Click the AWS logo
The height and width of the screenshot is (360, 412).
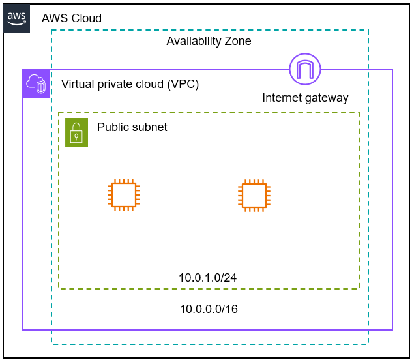(x=18, y=18)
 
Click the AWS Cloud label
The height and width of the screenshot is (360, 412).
(x=72, y=18)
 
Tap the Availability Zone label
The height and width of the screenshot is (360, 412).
(x=209, y=41)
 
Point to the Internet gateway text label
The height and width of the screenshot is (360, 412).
(x=305, y=98)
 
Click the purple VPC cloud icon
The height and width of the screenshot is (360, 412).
(x=37, y=84)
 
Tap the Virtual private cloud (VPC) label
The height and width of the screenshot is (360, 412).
(x=130, y=84)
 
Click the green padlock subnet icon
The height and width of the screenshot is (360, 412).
(x=76, y=132)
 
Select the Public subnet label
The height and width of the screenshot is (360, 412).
(x=132, y=127)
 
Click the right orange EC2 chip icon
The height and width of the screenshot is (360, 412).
(x=254, y=195)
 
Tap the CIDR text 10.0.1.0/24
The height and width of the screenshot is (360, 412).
(x=207, y=278)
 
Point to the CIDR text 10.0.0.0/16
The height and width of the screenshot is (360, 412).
(x=209, y=309)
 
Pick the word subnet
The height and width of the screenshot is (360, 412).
(x=149, y=127)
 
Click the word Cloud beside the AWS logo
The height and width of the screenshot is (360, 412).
(x=86, y=18)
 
